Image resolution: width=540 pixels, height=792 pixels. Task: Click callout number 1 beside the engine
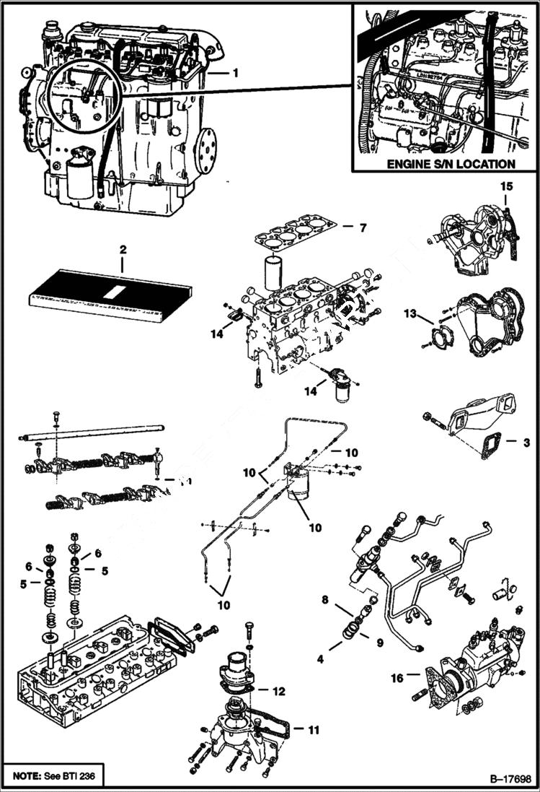(x=234, y=74)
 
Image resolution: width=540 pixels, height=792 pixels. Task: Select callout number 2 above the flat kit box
(x=123, y=249)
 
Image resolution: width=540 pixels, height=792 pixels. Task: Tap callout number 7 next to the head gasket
(x=363, y=228)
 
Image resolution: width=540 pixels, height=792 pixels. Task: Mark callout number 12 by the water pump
(x=278, y=691)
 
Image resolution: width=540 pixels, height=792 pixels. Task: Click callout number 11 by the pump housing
(x=313, y=730)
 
